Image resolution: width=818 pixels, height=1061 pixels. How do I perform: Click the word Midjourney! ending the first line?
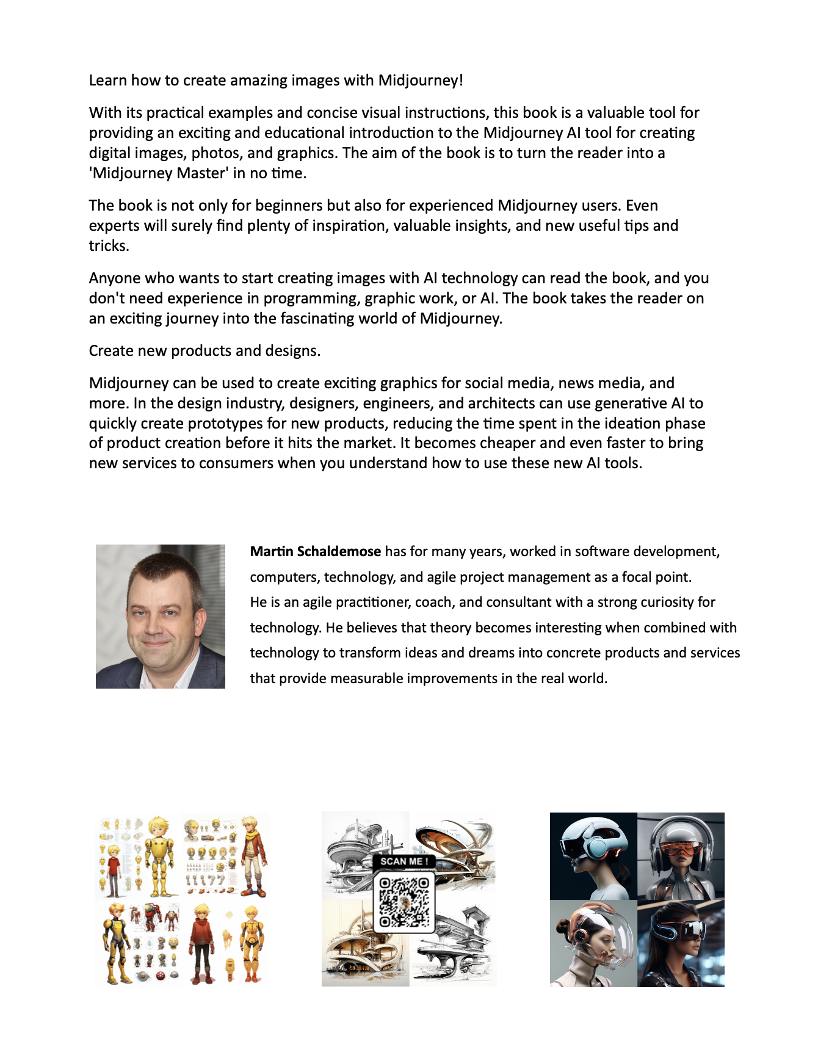(421, 81)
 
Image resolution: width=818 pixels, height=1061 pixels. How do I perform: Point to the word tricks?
(109, 246)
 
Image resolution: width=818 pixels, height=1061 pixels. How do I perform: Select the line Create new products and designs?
(204, 351)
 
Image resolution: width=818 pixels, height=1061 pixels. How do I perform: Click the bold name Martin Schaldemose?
(316, 552)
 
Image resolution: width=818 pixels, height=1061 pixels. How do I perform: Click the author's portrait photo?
(161, 617)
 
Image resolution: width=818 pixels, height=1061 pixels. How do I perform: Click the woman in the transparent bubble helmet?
(593, 943)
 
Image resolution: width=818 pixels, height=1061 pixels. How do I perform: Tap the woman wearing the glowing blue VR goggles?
(681, 943)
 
